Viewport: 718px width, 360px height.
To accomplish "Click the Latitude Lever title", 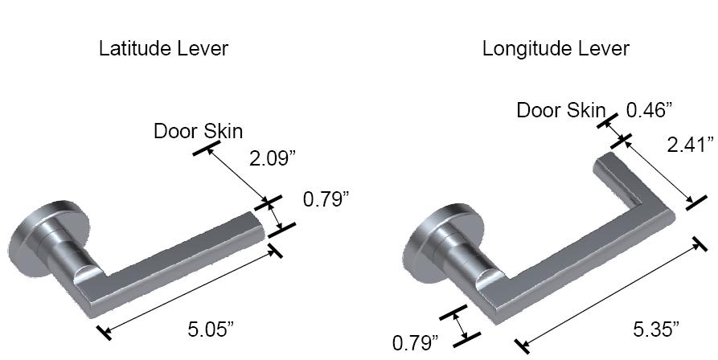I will point(163,49).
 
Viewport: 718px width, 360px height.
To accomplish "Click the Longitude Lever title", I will point(556,49).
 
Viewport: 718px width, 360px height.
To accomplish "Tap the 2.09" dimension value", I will point(273,158).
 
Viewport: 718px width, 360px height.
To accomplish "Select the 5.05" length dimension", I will point(211,329).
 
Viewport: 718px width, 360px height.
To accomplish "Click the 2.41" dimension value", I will point(690,145).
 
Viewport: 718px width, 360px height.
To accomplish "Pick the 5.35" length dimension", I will point(656,329).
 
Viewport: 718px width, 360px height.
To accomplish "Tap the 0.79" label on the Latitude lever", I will point(326,198).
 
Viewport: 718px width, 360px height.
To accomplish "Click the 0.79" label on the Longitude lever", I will point(415,343).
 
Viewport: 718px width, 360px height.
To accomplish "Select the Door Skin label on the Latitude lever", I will point(198,131).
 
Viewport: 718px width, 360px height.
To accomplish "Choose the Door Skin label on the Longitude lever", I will point(560,110).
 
